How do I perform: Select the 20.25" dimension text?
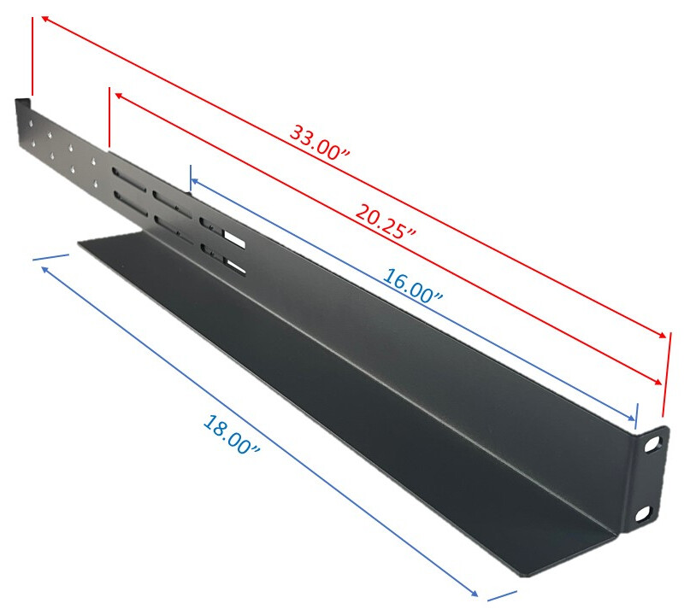[x=386, y=220]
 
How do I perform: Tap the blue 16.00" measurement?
[x=413, y=286]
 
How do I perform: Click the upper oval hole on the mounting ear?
[x=652, y=444]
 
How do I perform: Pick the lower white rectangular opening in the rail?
[x=236, y=272]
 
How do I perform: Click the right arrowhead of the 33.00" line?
[x=662, y=335]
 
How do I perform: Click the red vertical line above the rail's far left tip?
[x=32, y=56]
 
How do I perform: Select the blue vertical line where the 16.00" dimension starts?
[x=190, y=179]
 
